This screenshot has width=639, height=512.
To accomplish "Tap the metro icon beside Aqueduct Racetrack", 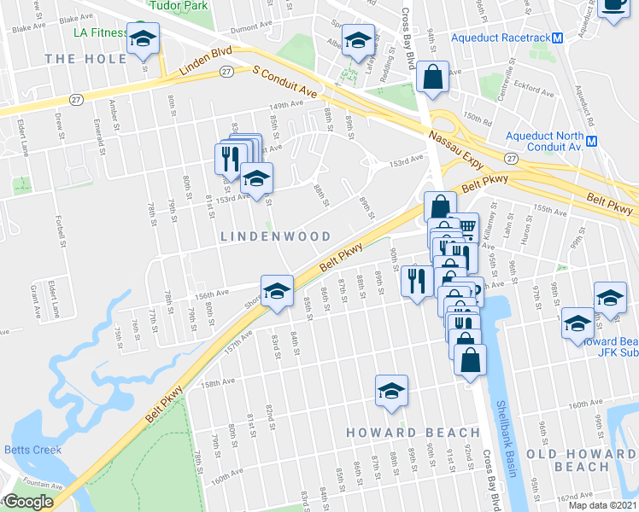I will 557,38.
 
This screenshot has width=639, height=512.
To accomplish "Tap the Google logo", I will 27,502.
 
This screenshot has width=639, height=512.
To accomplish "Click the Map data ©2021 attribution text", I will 602,505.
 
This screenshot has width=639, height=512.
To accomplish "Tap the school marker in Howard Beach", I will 390,391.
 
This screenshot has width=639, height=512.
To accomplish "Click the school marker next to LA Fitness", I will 143,38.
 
